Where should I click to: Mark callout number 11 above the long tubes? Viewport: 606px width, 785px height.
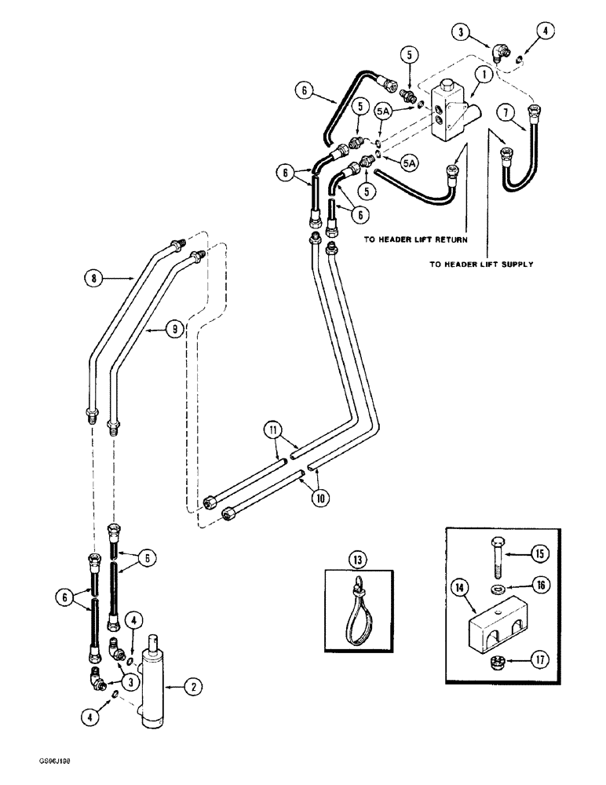pyautogui.click(x=272, y=430)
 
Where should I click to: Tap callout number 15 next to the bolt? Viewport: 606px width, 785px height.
pyautogui.click(x=539, y=555)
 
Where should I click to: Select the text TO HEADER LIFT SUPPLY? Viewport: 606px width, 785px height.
pyautogui.click(x=481, y=265)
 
